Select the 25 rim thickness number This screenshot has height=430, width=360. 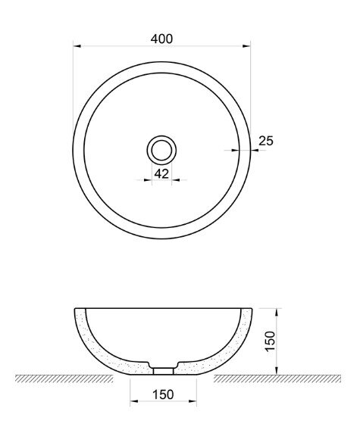pos(266,140)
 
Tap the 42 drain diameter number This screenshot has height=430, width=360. pos(161,173)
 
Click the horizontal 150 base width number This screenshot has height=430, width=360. pos(163,394)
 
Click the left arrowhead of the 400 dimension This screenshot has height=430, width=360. pos(77,46)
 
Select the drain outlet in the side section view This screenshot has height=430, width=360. pos(163,369)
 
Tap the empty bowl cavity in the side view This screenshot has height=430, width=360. pos(163,333)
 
